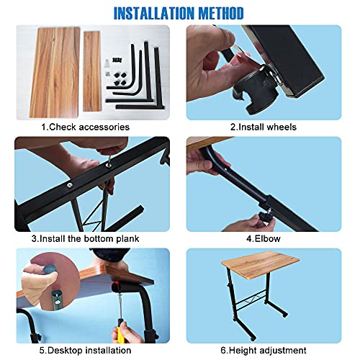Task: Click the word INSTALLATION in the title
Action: click(x=154, y=13)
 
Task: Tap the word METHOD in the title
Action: click(x=221, y=13)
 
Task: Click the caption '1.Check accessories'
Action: click(x=85, y=127)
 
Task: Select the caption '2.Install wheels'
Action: click(x=264, y=127)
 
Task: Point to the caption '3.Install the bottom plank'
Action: click(x=85, y=238)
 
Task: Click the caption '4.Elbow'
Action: click(x=264, y=238)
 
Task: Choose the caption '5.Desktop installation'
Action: click(x=85, y=350)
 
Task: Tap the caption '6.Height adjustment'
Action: click(x=264, y=350)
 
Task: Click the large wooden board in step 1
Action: click(x=55, y=72)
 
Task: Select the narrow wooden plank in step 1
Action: click(x=91, y=71)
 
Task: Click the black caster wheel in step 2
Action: click(x=254, y=91)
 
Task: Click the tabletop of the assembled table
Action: click(x=261, y=266)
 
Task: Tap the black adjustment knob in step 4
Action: click(x=264, y=216)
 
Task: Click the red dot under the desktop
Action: click(x=117, y=282)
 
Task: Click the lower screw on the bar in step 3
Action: click(x=70, y=185)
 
